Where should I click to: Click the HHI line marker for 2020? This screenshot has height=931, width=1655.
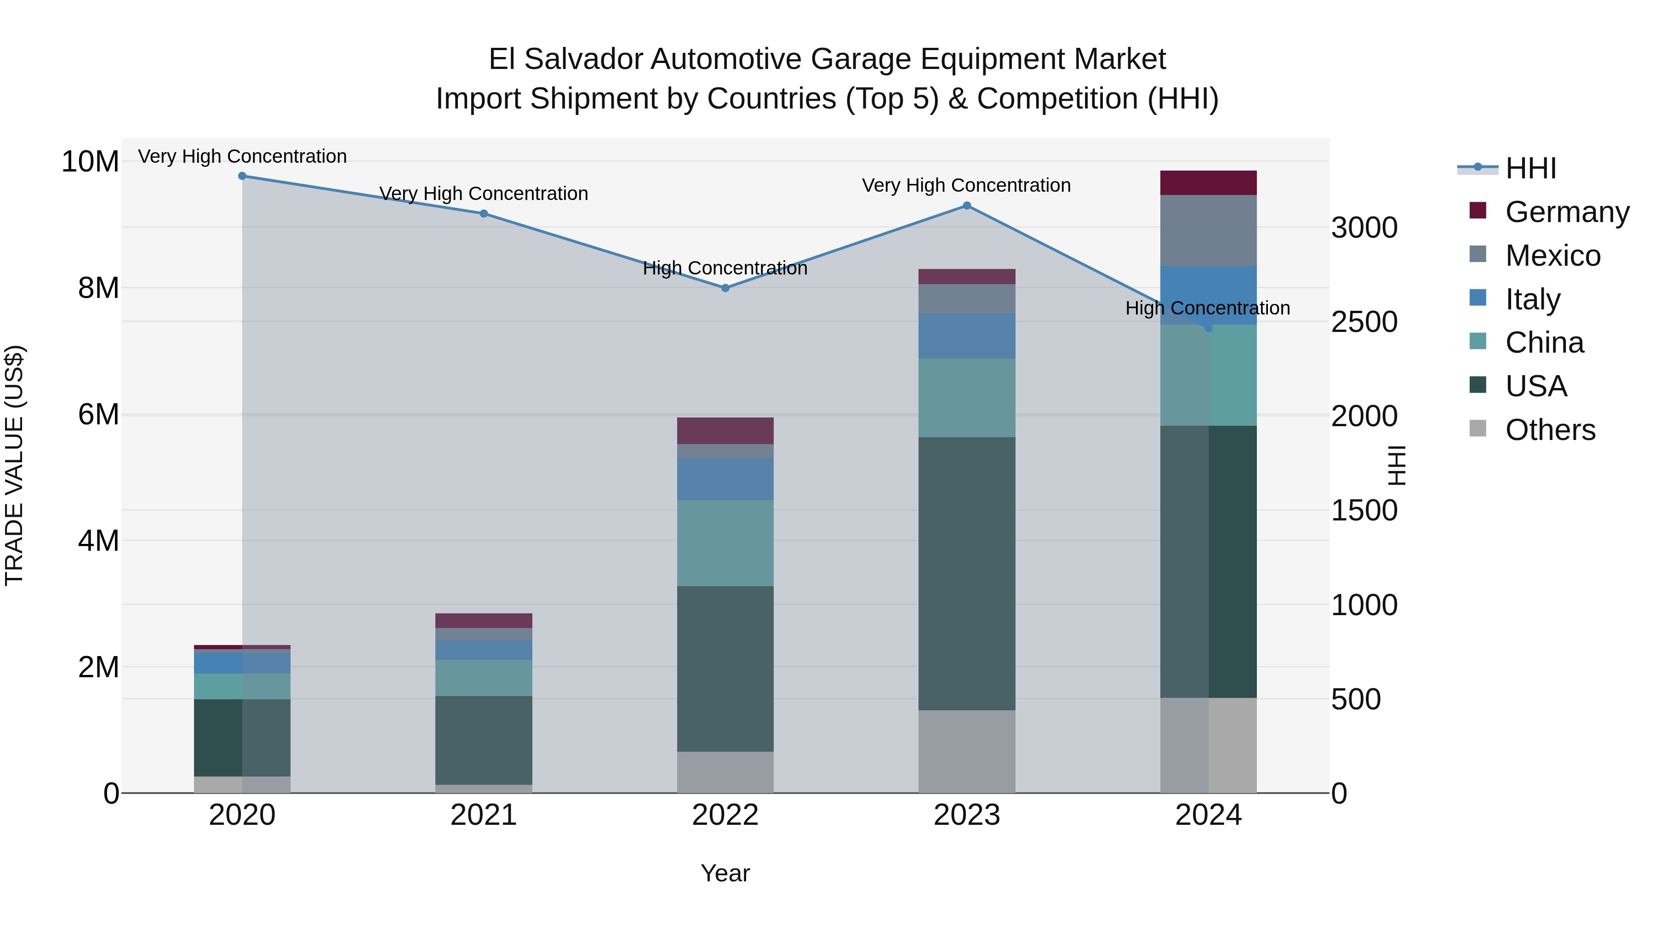point(242,176)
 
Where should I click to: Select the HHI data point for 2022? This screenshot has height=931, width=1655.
point(725,288)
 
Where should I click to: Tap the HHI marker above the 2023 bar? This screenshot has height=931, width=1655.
point(967,206)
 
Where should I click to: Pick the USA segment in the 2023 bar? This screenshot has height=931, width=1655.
point(967,574)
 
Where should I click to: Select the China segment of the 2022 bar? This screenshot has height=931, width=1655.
point(725,543)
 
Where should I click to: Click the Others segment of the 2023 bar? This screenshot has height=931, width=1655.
point(967,751)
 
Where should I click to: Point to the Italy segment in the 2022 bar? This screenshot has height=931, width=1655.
point(725,480)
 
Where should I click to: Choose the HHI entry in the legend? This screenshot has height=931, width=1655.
point(1530,168)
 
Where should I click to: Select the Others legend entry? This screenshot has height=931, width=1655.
point(1550,430)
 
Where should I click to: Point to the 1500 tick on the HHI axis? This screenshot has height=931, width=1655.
point(1364,511)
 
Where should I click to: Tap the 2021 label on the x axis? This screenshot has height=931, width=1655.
point(483,815)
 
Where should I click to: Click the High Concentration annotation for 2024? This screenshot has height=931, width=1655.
point(1207,308)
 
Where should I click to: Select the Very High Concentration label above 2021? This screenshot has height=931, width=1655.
point(483,194)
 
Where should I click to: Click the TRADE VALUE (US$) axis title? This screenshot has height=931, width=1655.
point(14,465)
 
